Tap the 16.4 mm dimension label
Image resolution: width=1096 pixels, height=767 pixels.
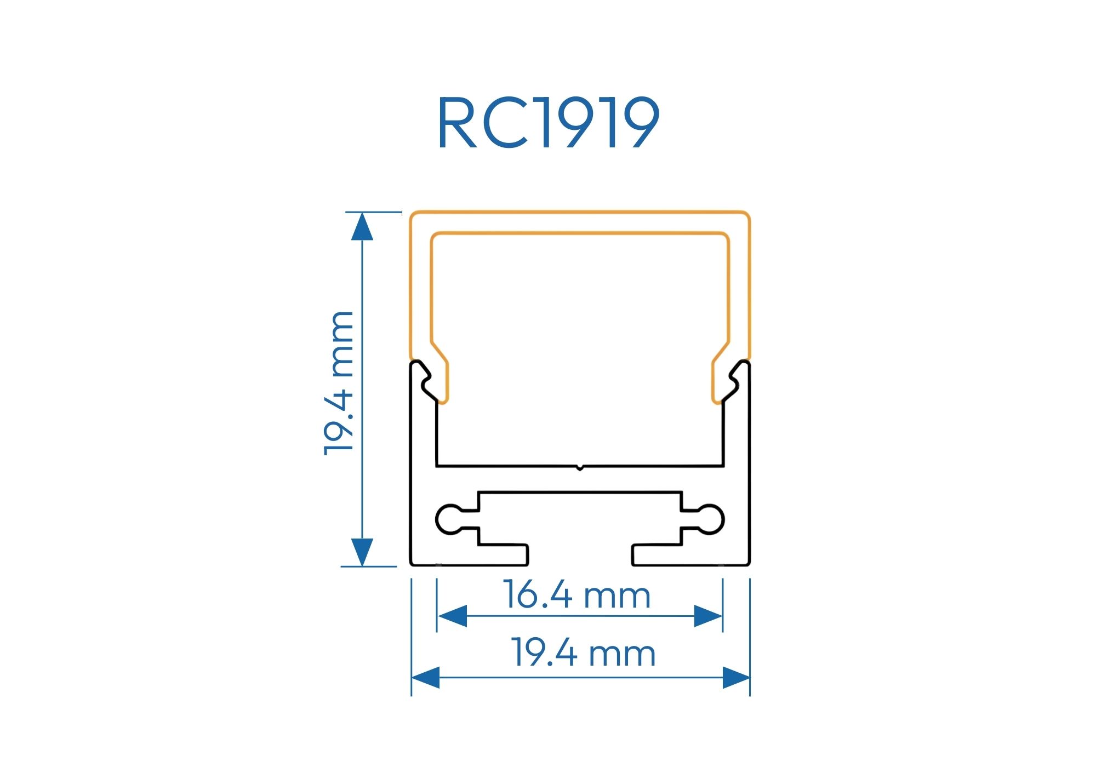[577, 596]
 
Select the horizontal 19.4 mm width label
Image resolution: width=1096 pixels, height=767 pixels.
[584, 654]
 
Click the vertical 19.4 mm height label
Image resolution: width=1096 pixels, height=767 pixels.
[339, 383]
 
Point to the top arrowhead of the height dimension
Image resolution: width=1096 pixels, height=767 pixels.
[362, 227]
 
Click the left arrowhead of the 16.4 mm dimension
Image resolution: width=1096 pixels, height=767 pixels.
[453, 616]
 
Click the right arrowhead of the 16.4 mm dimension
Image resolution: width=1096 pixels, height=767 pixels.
[708, 616]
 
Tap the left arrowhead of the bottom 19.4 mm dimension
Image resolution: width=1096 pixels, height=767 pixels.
[426, 678]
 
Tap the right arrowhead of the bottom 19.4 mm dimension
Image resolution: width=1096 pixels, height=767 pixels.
[736, 678]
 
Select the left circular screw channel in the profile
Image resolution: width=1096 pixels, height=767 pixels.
[449, 519]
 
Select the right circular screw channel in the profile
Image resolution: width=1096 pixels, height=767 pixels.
[711, 519]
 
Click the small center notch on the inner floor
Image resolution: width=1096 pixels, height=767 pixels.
[580, 468]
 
